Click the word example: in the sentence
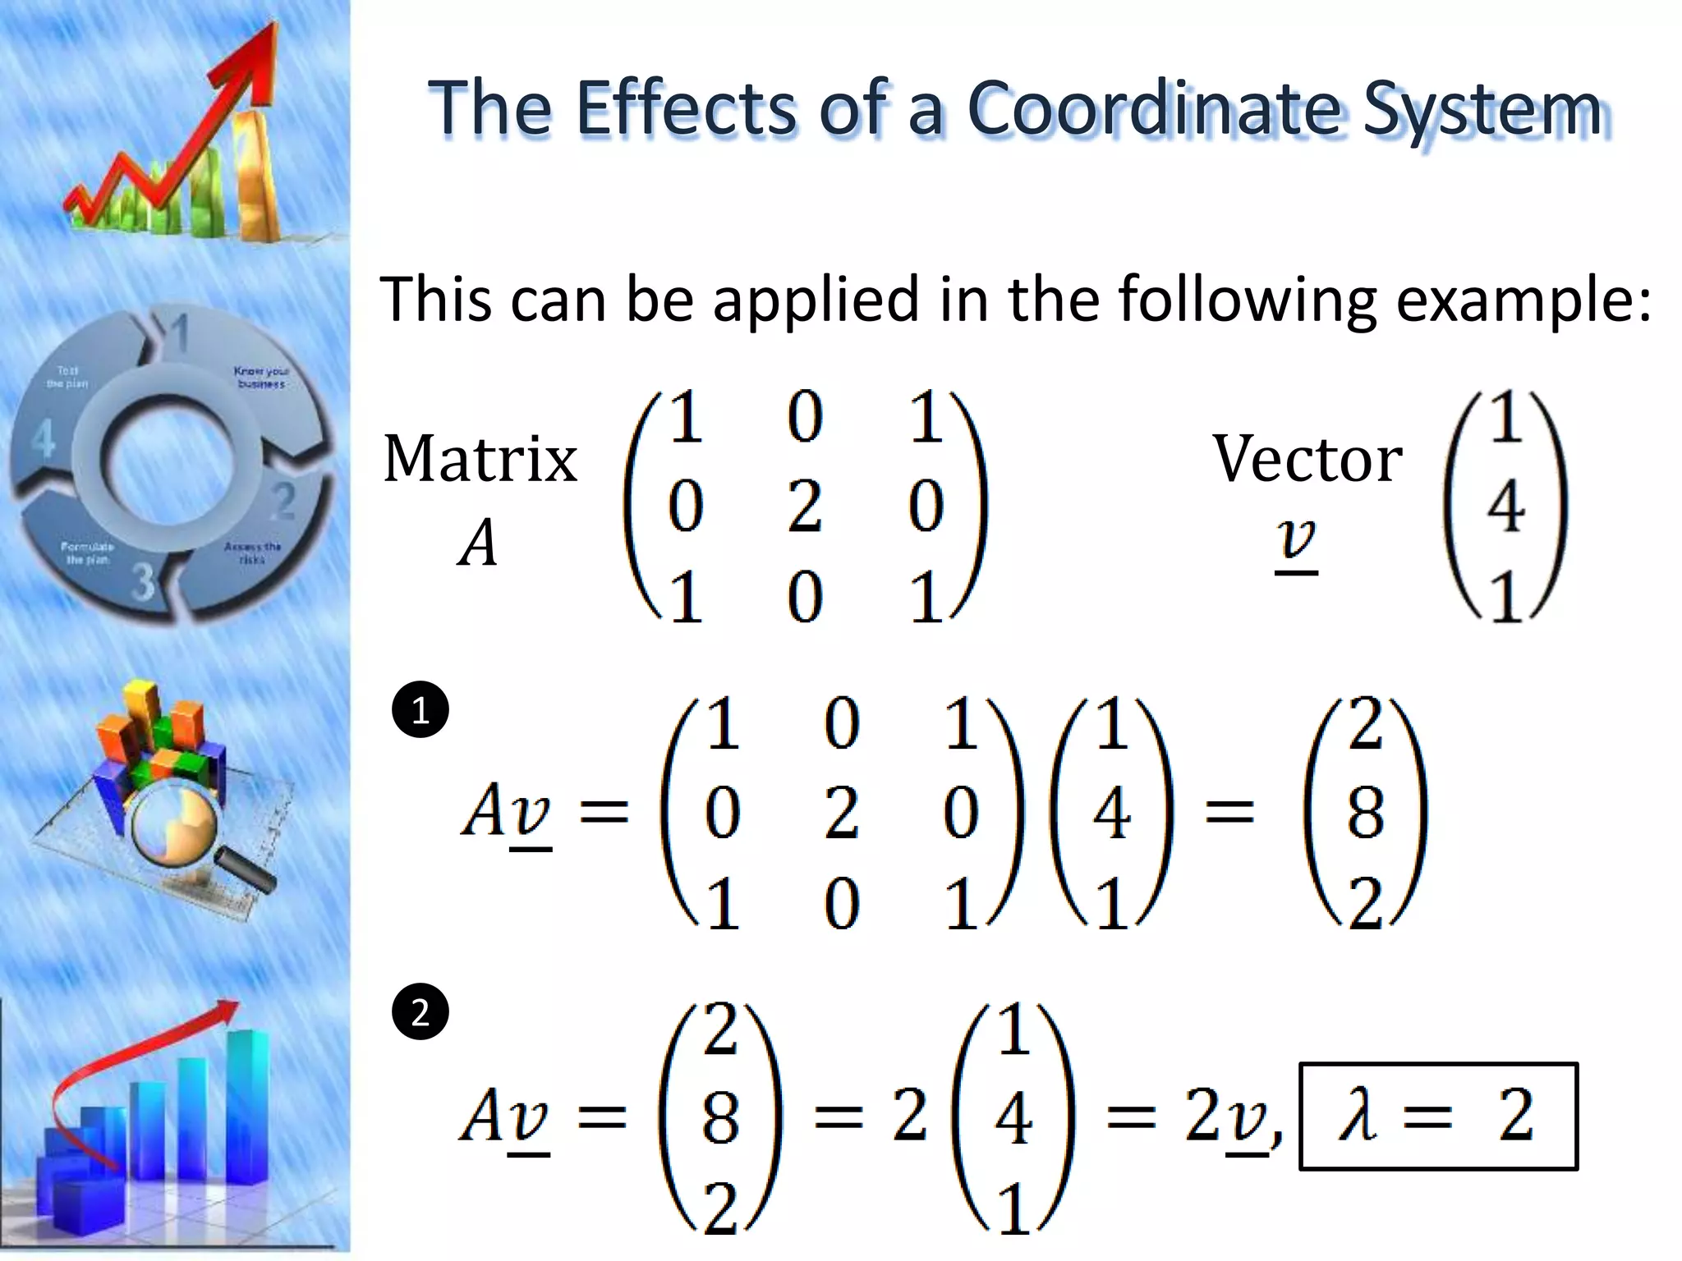(1524, 300)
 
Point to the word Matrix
(480, 459)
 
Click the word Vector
(1307, 459)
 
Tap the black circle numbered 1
(420, 709)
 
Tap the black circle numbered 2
(420, 1012)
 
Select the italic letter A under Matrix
(478, 544)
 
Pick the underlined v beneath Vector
(1296, 542)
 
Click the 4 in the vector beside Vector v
(1505, 507)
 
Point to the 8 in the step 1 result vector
(1365, 813)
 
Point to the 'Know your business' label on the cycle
(260, 377)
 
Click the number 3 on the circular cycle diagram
(144, 580)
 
